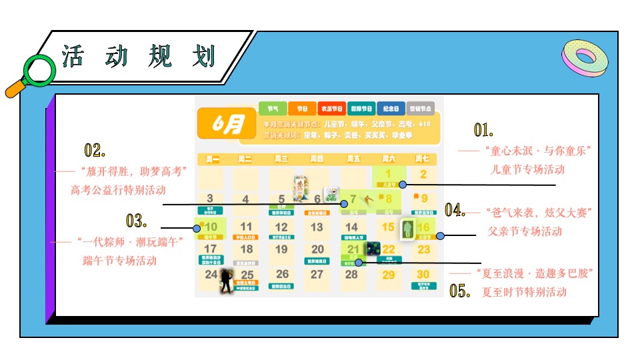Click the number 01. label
tap(483, 129)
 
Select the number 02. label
tap(95, 150)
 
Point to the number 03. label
tap(136, 221)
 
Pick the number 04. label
tap(455, 211)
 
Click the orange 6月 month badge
tap(227, 125)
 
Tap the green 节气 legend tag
tap(273, 108)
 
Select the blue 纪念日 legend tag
tap(391, 108)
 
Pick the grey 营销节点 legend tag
tap(420, 108)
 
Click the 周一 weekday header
tap(212, 159)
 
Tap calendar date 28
tap(351, 274)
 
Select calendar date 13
tap(317, 227)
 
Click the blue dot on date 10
tap(197, 228)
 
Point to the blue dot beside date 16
tap(440, 235)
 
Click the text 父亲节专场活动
tap(525, 231)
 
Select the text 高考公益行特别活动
tap(118, 190)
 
